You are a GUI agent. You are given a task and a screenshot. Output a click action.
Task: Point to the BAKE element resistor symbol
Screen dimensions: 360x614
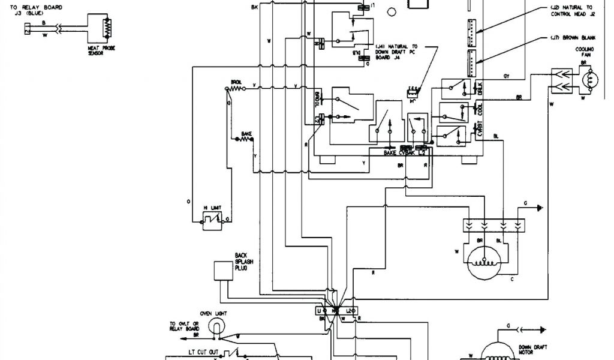tap(246, 139)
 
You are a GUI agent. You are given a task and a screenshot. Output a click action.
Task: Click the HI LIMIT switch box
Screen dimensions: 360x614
tap(210, 221)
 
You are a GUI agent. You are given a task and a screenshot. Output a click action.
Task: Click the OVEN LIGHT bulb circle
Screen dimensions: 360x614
tap(215, 326)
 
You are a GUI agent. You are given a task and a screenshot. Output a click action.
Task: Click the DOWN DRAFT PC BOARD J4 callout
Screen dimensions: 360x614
tap(393, 52)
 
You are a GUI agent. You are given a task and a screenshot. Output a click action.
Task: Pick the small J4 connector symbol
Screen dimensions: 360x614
tap(413, 91)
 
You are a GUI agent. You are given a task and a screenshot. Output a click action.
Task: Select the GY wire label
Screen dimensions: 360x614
tap(506, 76)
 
